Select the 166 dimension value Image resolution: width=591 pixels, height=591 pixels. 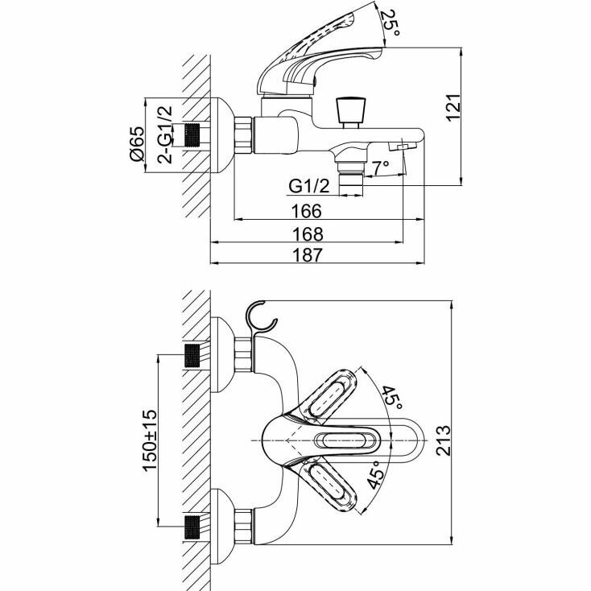[307, 211]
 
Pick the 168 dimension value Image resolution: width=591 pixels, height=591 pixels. [307, 234]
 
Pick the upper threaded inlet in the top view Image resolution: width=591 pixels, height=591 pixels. [193, 355]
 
